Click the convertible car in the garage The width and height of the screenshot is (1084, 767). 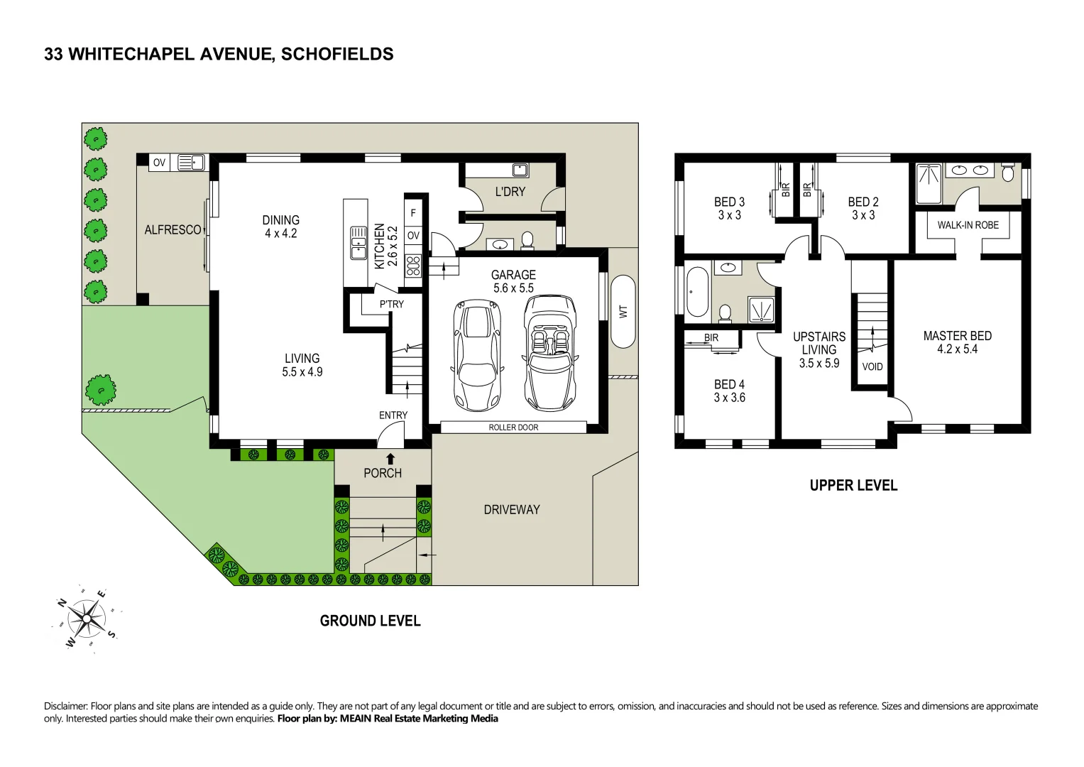550,353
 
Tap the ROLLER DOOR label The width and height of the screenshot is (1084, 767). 513,428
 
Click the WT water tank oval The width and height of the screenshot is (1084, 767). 623,311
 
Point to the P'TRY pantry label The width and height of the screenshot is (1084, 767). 391,304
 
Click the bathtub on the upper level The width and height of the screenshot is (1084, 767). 696,292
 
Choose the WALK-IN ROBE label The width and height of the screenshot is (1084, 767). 968,225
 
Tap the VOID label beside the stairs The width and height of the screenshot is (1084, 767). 872,366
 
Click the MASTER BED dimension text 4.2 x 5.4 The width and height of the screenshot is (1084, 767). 957,349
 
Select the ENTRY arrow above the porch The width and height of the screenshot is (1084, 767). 390,459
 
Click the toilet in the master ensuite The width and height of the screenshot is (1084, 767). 1007,173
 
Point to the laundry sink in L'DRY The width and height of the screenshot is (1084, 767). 520,170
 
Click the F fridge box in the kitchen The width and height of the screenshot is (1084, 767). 413,213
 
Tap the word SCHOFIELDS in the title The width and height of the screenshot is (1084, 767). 337,54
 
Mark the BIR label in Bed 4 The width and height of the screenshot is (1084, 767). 711,337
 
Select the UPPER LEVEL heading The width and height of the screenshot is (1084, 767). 853,486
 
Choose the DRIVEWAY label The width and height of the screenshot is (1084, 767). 511,510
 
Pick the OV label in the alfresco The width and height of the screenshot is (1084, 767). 159,163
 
